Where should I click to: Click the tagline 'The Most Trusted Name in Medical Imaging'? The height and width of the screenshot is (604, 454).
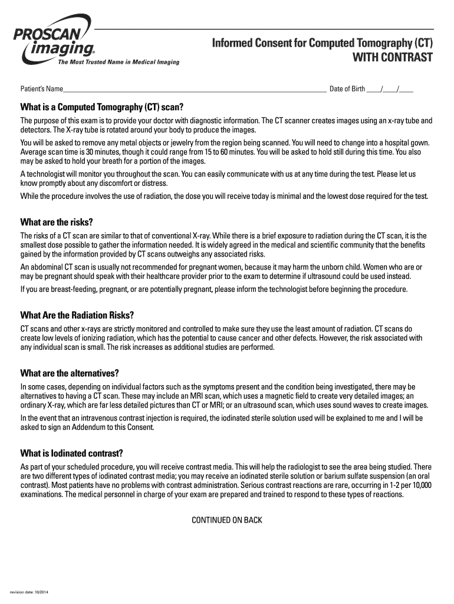click(x=119, y=62)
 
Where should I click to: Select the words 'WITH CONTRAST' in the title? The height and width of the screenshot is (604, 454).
click(x=393, y=58)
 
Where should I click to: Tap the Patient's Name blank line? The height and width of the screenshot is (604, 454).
click(x=195, y=90)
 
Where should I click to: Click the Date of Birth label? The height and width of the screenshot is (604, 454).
click(x=347, y=89)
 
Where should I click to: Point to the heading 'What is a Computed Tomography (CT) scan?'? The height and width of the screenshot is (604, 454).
click(x=102, y=107)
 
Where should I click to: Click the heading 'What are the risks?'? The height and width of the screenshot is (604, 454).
click(x=57, y=222)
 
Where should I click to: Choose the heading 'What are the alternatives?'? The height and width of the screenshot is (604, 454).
click(x=70, y=373)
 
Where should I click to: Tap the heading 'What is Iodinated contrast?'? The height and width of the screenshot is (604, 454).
click(x=71, y=454)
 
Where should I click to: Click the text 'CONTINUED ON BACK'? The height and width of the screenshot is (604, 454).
click(x=227, y=520)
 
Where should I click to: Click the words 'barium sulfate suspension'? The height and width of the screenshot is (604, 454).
click(x=319, y=476)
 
